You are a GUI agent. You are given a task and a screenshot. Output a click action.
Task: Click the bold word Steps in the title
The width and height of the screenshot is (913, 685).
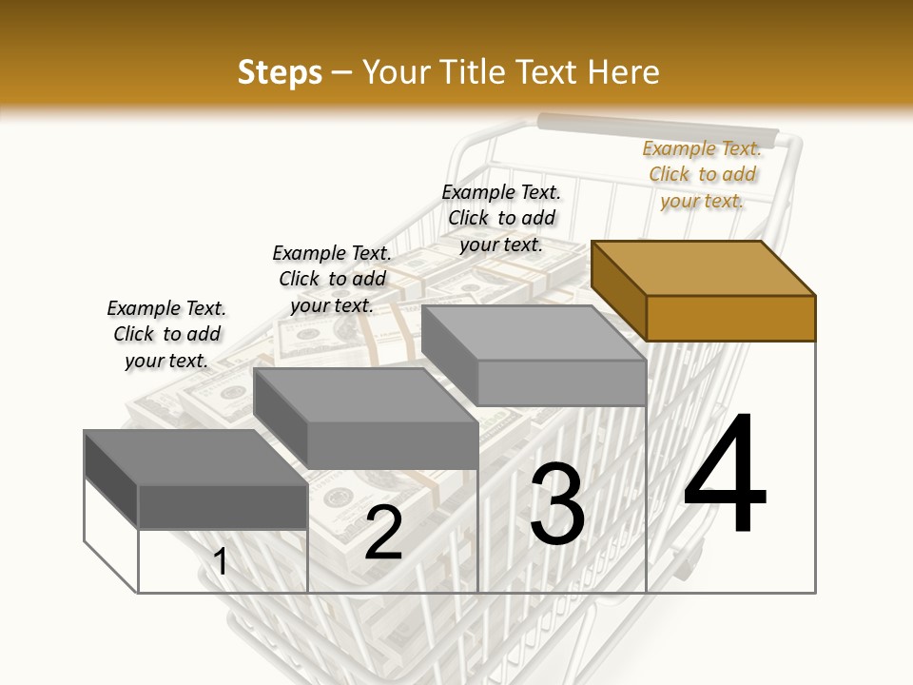(279, 72)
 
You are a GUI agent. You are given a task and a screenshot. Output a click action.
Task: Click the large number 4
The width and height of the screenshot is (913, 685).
(724, 475)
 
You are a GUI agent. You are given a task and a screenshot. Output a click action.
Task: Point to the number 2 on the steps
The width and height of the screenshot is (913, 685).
(383, 533)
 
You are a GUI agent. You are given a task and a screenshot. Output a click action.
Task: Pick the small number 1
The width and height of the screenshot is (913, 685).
(220, 561)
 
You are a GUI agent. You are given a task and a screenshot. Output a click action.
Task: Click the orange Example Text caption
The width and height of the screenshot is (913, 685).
(702, 174)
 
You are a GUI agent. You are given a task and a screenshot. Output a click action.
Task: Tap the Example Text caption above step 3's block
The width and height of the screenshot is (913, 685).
(501, 218)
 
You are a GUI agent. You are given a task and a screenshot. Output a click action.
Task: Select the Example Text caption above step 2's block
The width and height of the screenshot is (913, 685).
(332, 279)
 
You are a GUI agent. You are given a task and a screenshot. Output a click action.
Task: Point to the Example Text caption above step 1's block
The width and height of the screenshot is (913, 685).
(166, 334)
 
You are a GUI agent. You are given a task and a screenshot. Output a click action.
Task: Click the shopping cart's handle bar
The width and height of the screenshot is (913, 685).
(656, 127)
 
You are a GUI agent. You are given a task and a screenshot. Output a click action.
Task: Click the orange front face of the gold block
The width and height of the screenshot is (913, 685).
(730, 318)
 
